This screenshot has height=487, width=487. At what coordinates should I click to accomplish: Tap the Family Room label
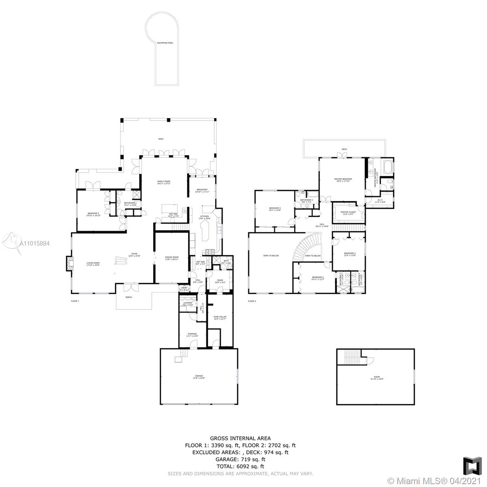(x=164, y=182)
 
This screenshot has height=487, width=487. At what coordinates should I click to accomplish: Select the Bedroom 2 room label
(x=93, y=214)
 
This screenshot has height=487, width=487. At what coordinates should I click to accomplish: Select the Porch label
(x=129, y=297)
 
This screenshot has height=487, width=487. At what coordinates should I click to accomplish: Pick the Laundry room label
(x=187, y=303)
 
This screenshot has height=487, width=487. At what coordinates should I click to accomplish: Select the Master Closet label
(x=348, y=213)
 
